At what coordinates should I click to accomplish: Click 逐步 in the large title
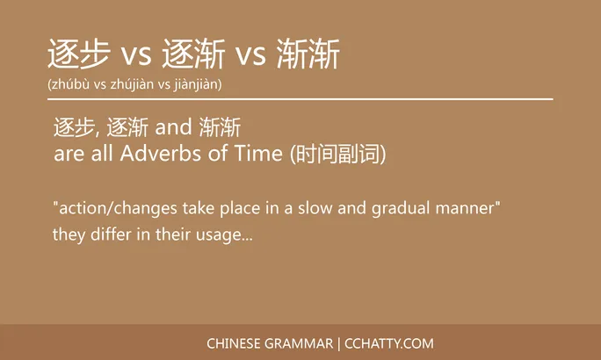pyautogui.click(x=80, y=54)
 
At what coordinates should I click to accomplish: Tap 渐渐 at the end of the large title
pyautogui.click(x=308, y=54)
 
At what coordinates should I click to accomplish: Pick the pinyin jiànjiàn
pyautogui.click(x=196, y=85)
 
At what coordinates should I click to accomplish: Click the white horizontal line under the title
pyautogui.click(x=300, y=100)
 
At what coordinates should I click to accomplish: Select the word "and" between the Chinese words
pyautogui.click(x=170, y=129)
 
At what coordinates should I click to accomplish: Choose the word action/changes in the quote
pyautogui.click(x=116, y=209)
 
